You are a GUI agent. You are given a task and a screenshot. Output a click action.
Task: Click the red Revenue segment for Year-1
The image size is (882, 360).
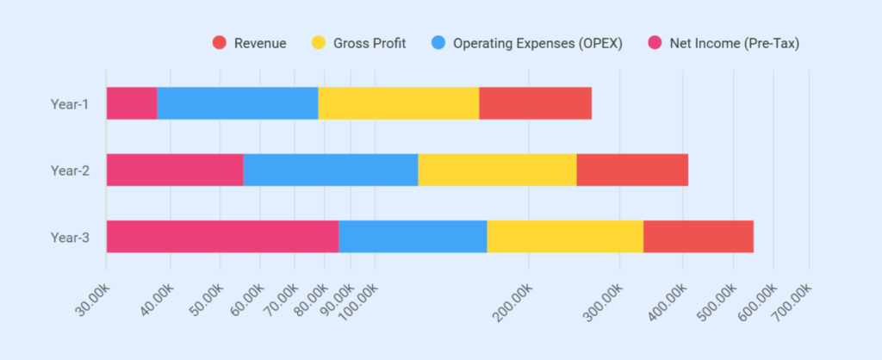(x=535, y=103)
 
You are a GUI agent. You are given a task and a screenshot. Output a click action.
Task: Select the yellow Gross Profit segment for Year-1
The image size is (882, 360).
(x=398, y=103)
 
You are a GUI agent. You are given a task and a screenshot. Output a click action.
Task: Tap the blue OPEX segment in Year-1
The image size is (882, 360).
(x=237, y=103)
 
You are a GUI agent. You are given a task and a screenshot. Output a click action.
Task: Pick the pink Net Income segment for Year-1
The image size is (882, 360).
(x=132, y=103)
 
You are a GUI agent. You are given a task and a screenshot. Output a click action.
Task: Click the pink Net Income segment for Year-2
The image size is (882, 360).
(x=175, y=170)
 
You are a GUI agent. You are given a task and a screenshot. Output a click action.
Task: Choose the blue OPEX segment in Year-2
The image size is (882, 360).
(x=330, y=170)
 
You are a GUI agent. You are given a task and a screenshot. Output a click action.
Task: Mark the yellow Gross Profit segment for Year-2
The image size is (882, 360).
(x=497, y=170)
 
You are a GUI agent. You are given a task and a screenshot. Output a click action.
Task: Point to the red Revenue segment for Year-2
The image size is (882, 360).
(x=632, y=170)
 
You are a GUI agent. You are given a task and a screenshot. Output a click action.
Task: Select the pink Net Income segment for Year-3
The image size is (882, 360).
(x=222, y=236)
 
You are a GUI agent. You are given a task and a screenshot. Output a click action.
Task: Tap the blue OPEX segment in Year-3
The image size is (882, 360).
(x=413, y=236)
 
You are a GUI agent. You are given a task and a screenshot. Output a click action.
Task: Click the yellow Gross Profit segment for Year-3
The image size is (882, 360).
(x=565, y=236)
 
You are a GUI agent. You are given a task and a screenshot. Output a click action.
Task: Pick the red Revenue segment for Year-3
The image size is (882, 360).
(x=699, y=236)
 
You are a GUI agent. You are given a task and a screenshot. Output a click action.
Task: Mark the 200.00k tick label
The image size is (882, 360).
(x=512, y=302)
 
